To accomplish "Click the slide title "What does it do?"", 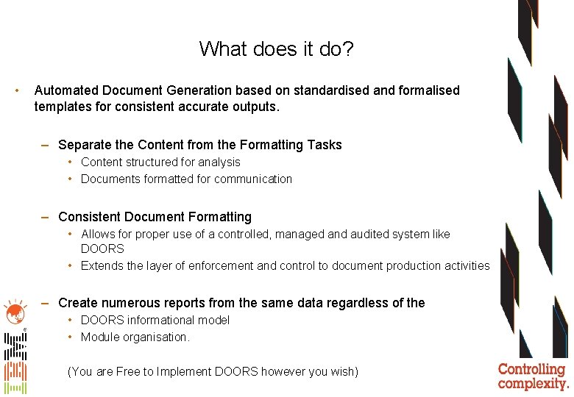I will (276, 49).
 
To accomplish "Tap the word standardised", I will (330, 90).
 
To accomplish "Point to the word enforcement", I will (219, 265).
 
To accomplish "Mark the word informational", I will (162, 320).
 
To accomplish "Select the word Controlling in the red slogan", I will (531, 370).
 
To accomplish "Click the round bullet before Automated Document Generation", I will (17, 90).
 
